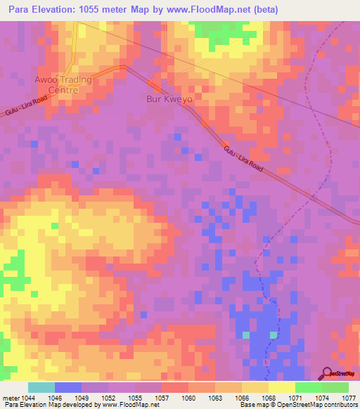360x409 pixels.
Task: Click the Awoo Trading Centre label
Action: [x=63, y=84]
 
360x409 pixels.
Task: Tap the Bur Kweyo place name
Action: [x=169, y=99]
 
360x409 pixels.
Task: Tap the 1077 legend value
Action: [x=349, y=397]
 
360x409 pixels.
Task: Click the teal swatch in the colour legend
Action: [x=41, y=387]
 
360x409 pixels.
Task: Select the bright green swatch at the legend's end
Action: [x=335, y=387]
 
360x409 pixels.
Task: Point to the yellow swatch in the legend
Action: [x=281, y=387]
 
